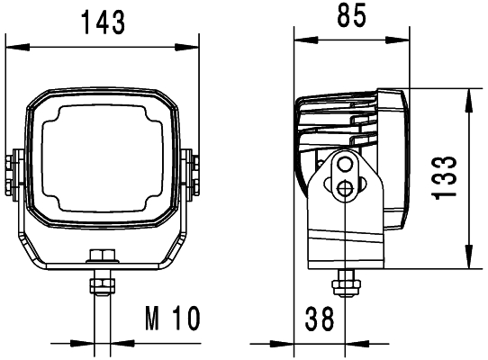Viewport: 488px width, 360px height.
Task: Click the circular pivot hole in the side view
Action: [346, 187]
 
